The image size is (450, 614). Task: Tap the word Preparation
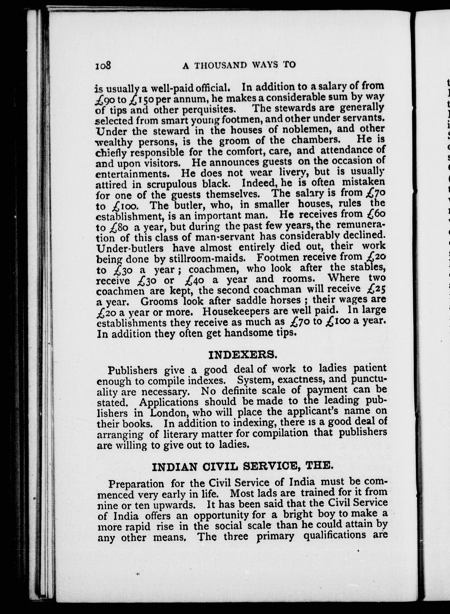click(136, 484)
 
